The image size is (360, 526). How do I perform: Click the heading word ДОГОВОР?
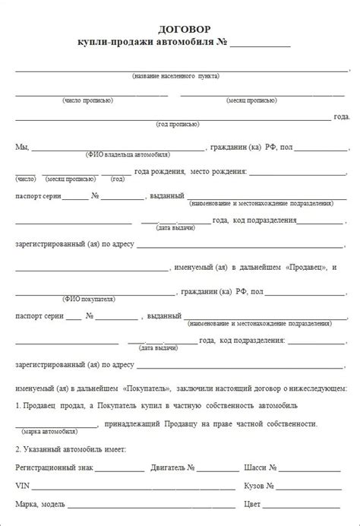179,28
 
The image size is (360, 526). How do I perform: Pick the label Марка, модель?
39,504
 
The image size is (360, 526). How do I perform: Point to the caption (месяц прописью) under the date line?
251,100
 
